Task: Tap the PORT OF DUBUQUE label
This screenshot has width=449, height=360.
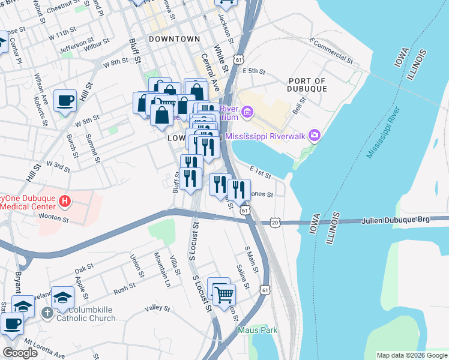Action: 307,85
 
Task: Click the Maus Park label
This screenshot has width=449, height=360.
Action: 258,330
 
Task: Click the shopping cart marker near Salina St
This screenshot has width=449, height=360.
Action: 224,294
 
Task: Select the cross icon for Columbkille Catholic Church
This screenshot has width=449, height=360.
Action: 47,313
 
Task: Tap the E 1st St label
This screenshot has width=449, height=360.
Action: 261,174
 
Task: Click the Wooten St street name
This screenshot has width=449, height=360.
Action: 54,218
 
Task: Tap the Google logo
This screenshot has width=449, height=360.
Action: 20,353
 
